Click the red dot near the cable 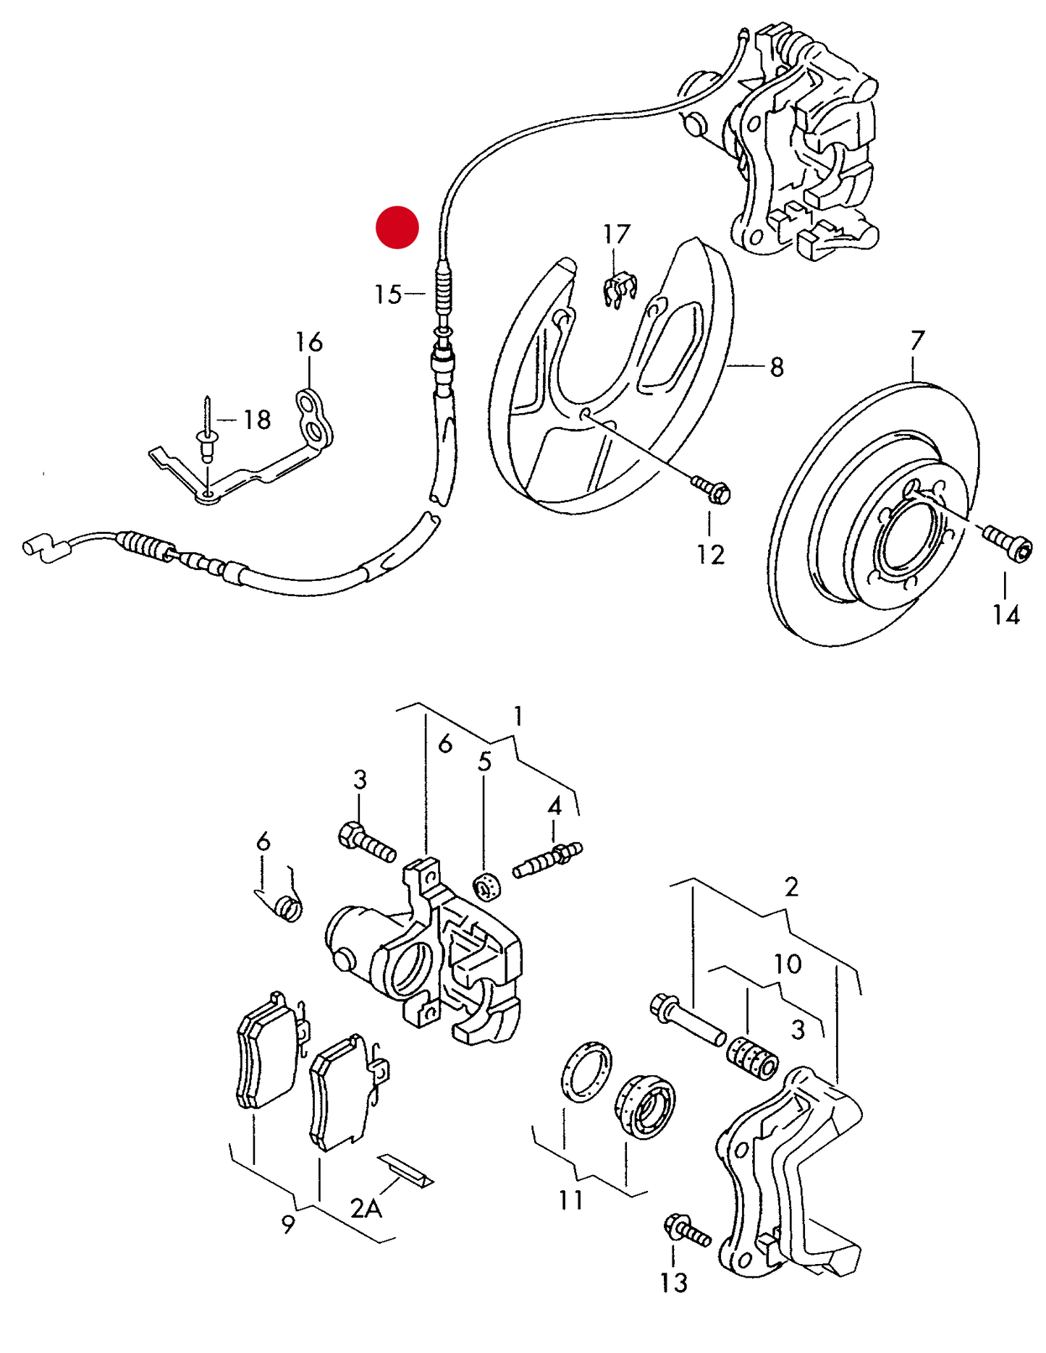397,227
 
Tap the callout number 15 388,294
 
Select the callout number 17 617,234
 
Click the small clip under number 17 618,289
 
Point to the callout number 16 309,342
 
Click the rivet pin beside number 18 208,430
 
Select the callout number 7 917,340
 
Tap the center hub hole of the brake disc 908,534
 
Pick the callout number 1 518,717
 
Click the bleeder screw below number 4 548,859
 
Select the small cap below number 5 487,887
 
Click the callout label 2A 366,1208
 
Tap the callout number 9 288,1223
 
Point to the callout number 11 571,1200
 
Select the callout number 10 788,964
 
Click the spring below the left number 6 290,908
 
